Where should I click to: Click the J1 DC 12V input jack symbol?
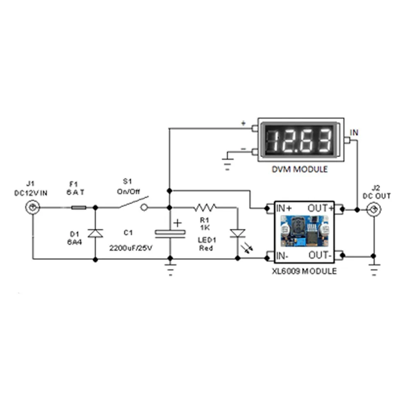[x=33, y=208]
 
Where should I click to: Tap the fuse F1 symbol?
[x=79, y=208]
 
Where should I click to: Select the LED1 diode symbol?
[x=238, y=233]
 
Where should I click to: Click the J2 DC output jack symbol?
[x=374, y=210]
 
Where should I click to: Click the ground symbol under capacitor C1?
[x=169, y=271]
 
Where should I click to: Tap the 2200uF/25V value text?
[x=131, y=248]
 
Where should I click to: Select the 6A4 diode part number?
[x=74, y=241]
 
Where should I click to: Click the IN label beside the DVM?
[x=354, y=132]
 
